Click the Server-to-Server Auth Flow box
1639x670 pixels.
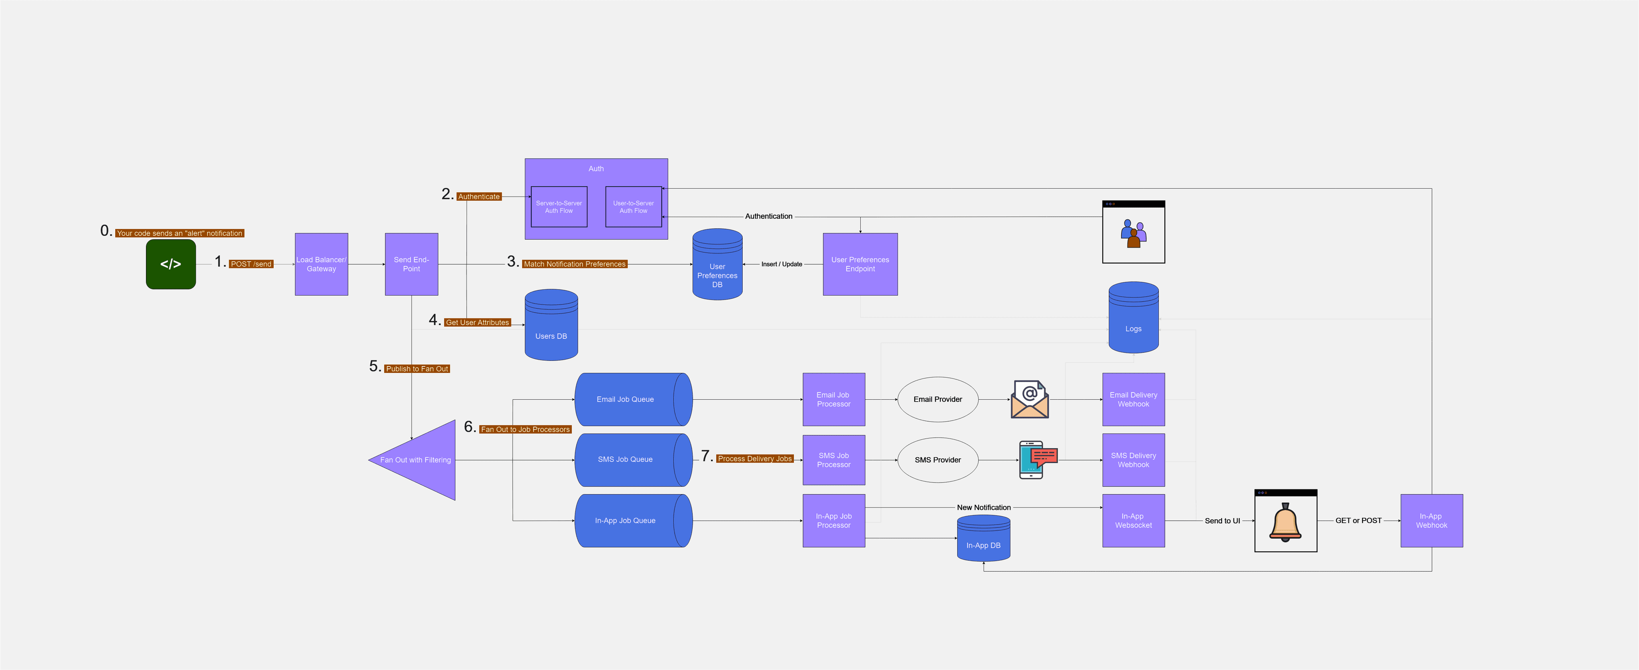559,207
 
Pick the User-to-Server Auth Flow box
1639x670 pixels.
633,207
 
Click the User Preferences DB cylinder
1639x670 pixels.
717,268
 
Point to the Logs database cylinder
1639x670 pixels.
1133,318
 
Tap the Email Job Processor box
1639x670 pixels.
834,399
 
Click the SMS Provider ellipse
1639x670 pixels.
937,460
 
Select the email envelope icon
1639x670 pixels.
1030,399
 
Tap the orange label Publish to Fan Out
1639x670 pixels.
417,369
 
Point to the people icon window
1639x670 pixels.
1133,232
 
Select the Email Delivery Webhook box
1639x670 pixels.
1133,399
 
